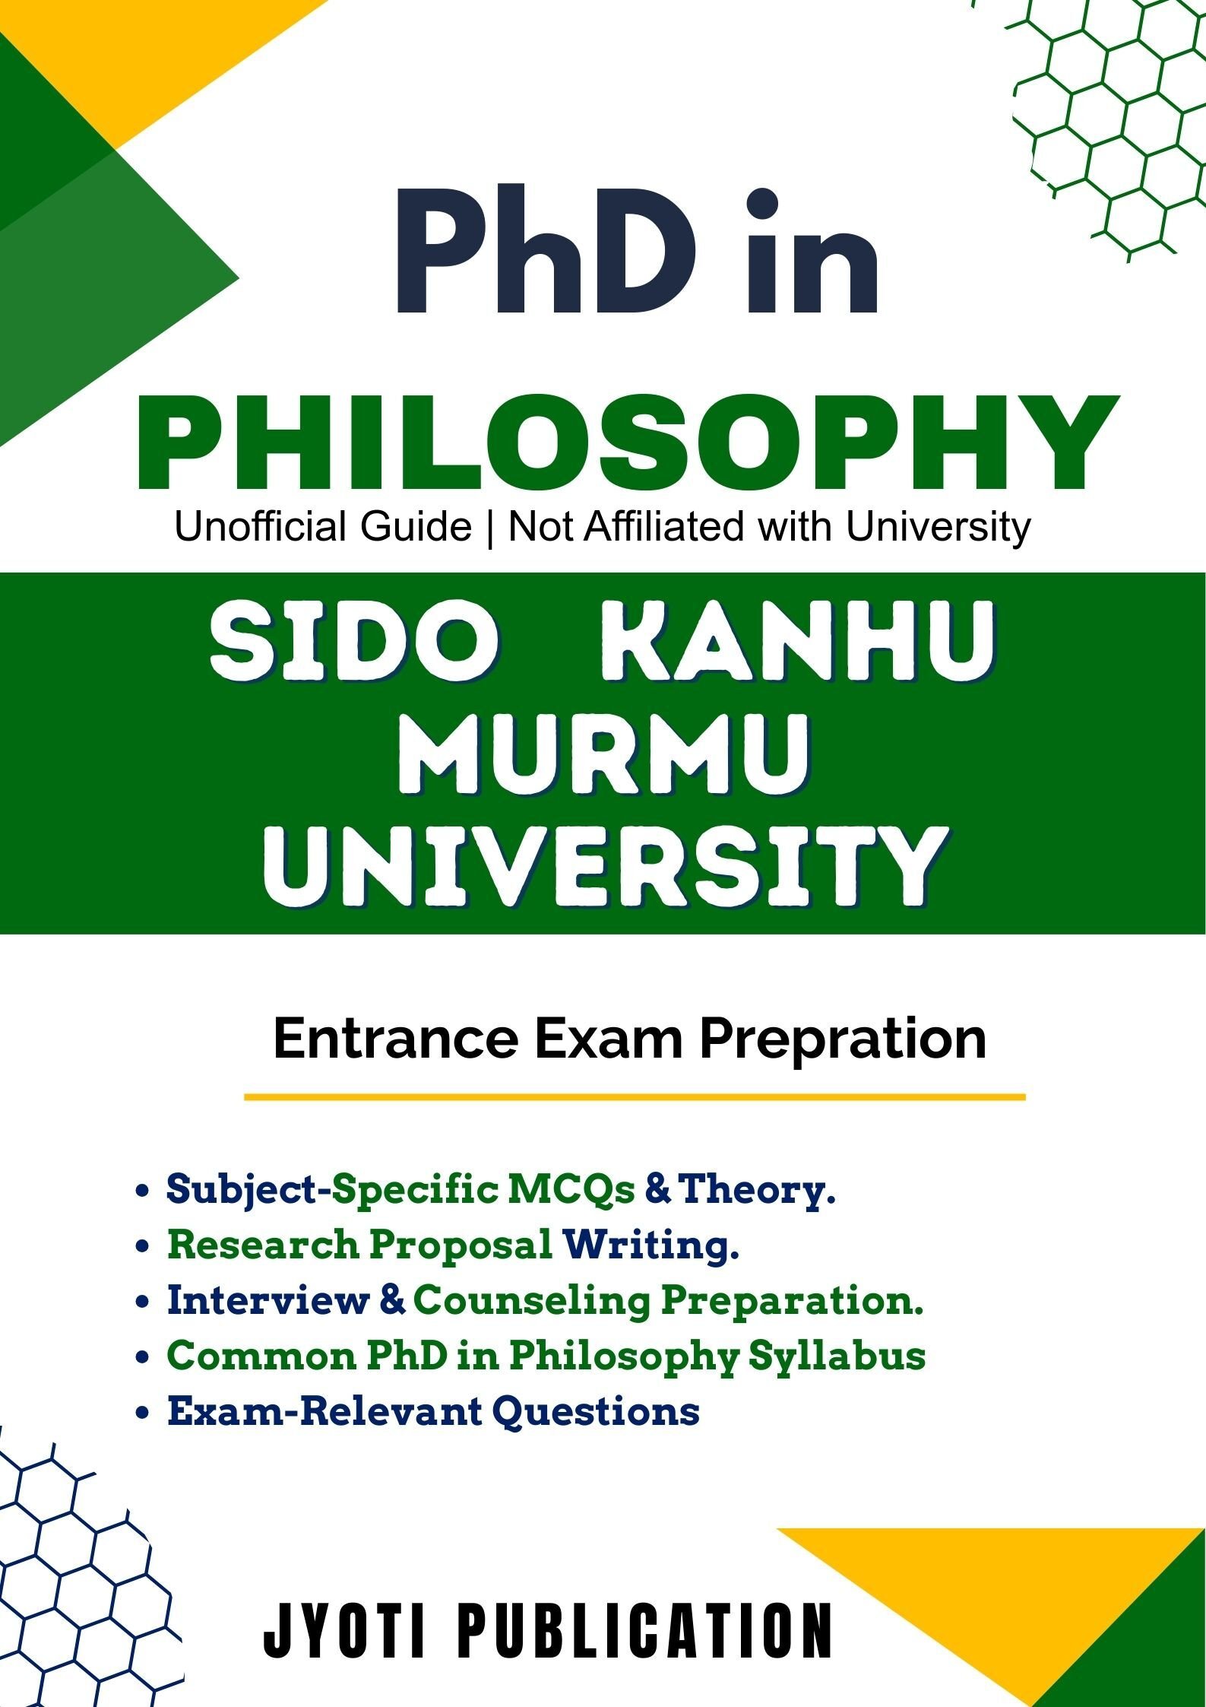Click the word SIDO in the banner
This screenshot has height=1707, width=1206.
click(355, 640)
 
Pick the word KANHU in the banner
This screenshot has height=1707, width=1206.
click(797, 640)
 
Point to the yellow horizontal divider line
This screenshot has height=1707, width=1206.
click(635, 1097)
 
